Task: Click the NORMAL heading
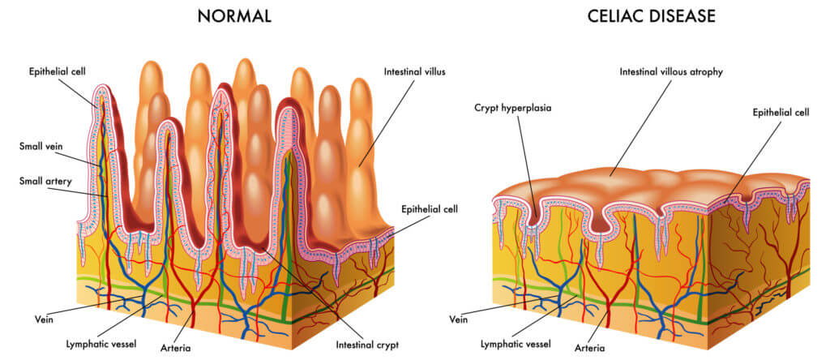[x=234, y=16]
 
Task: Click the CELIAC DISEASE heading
[x=652, y=16]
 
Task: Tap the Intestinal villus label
[x=415, y=72]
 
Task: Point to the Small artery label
[x=45, y=181]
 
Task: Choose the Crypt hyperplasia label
[x=513, y=108]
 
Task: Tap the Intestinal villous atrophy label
[x=671, y=72]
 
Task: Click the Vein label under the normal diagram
[x=45, y=319]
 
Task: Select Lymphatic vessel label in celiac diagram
[x=516, y=345]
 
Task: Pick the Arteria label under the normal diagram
[x=175, y=349]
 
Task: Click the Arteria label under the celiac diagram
[x=590, y=349]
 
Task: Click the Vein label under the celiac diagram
[x=459, y=319]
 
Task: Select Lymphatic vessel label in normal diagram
[x=101, y=345]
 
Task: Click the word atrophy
[x=705, y=72]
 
